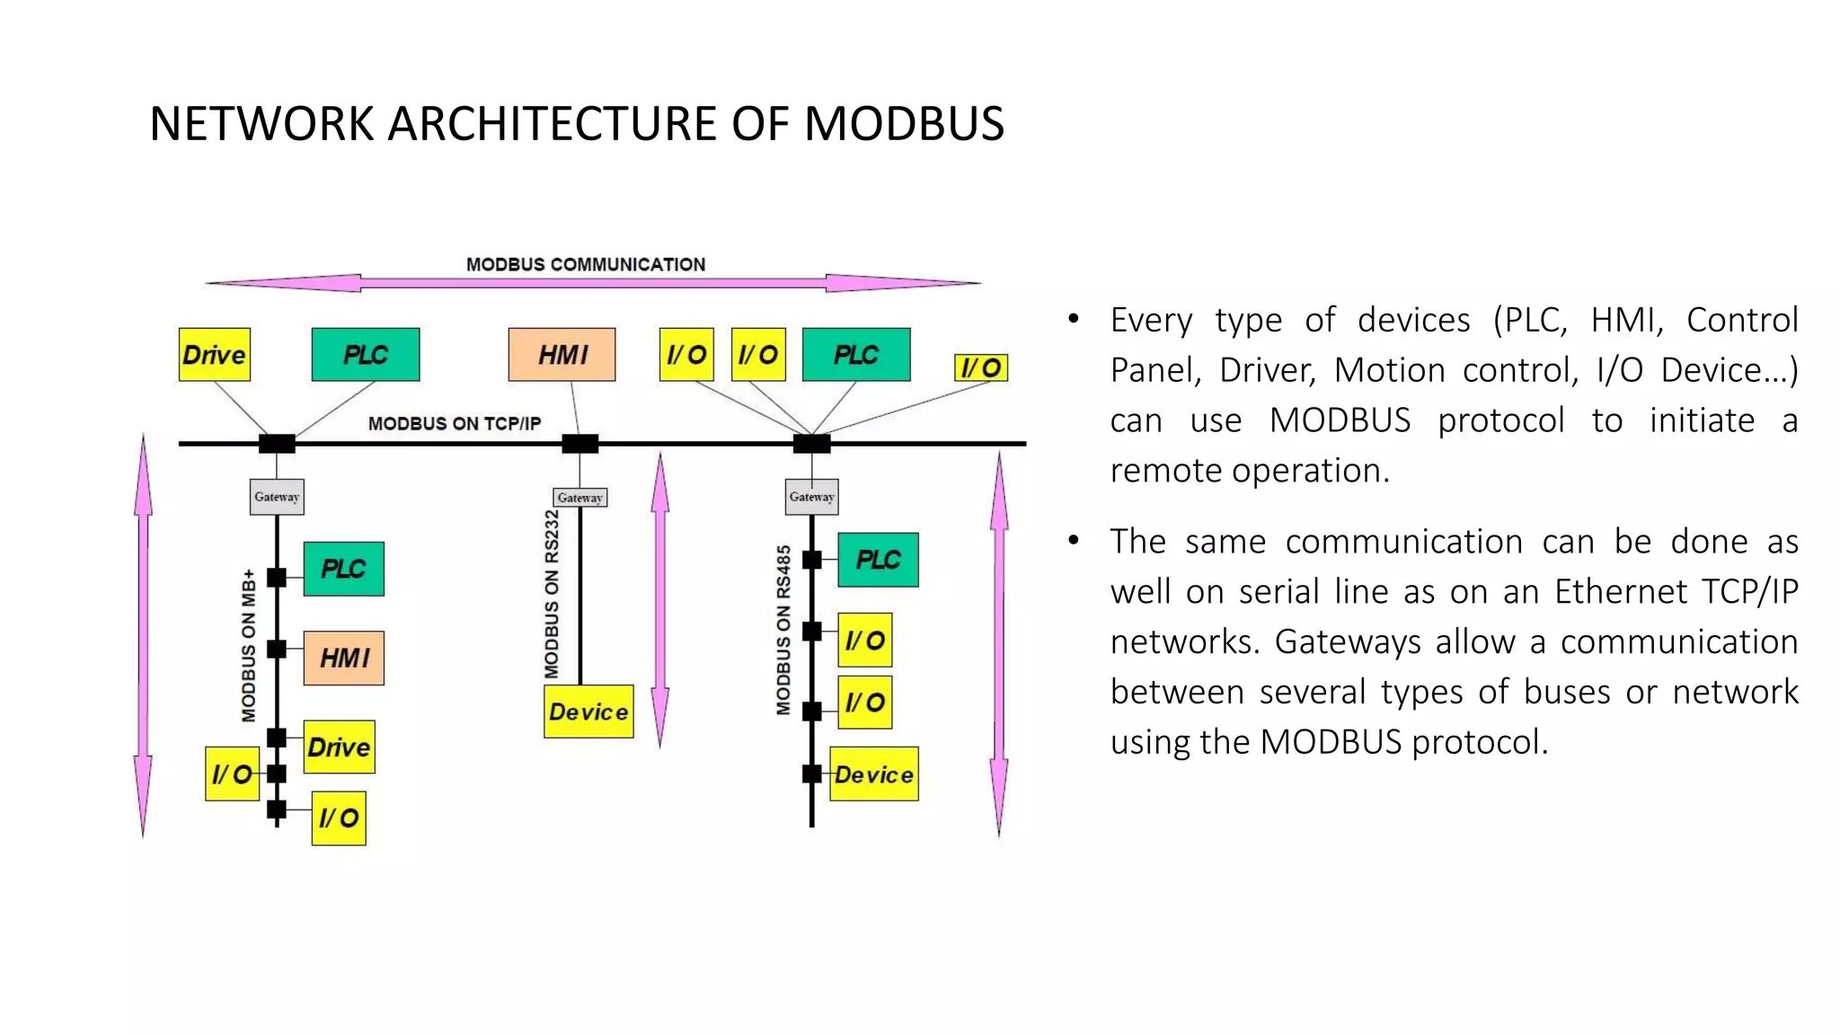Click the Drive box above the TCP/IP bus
(214, 355)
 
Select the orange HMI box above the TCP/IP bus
(562, 355)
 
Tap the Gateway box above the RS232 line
(579, 498)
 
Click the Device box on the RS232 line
(588, 712)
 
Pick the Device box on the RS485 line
(873, 774)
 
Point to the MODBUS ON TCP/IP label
(455, 423)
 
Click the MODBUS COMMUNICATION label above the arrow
(586, 264)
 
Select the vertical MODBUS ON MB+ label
(249, 645)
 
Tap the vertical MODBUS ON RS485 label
(783, 629)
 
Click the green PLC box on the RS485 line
(878, 560)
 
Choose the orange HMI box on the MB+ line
(344, 659)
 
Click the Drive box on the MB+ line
(339, 747)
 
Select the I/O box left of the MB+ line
(232, 774)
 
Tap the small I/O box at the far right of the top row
(980, 367)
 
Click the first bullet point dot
(1073, 319)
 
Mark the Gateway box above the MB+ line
(277, 497)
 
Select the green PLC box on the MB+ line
(343, 569)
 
